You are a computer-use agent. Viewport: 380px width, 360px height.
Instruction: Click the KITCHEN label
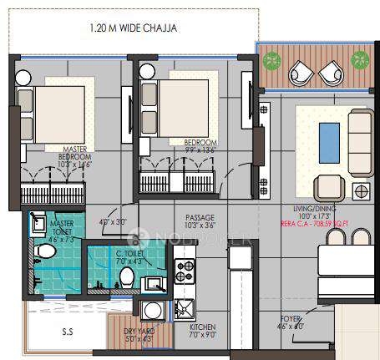[203, 329]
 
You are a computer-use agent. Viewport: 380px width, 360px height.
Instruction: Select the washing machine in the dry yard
[152, 312]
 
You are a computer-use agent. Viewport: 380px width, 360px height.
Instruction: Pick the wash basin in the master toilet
[38, 223]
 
